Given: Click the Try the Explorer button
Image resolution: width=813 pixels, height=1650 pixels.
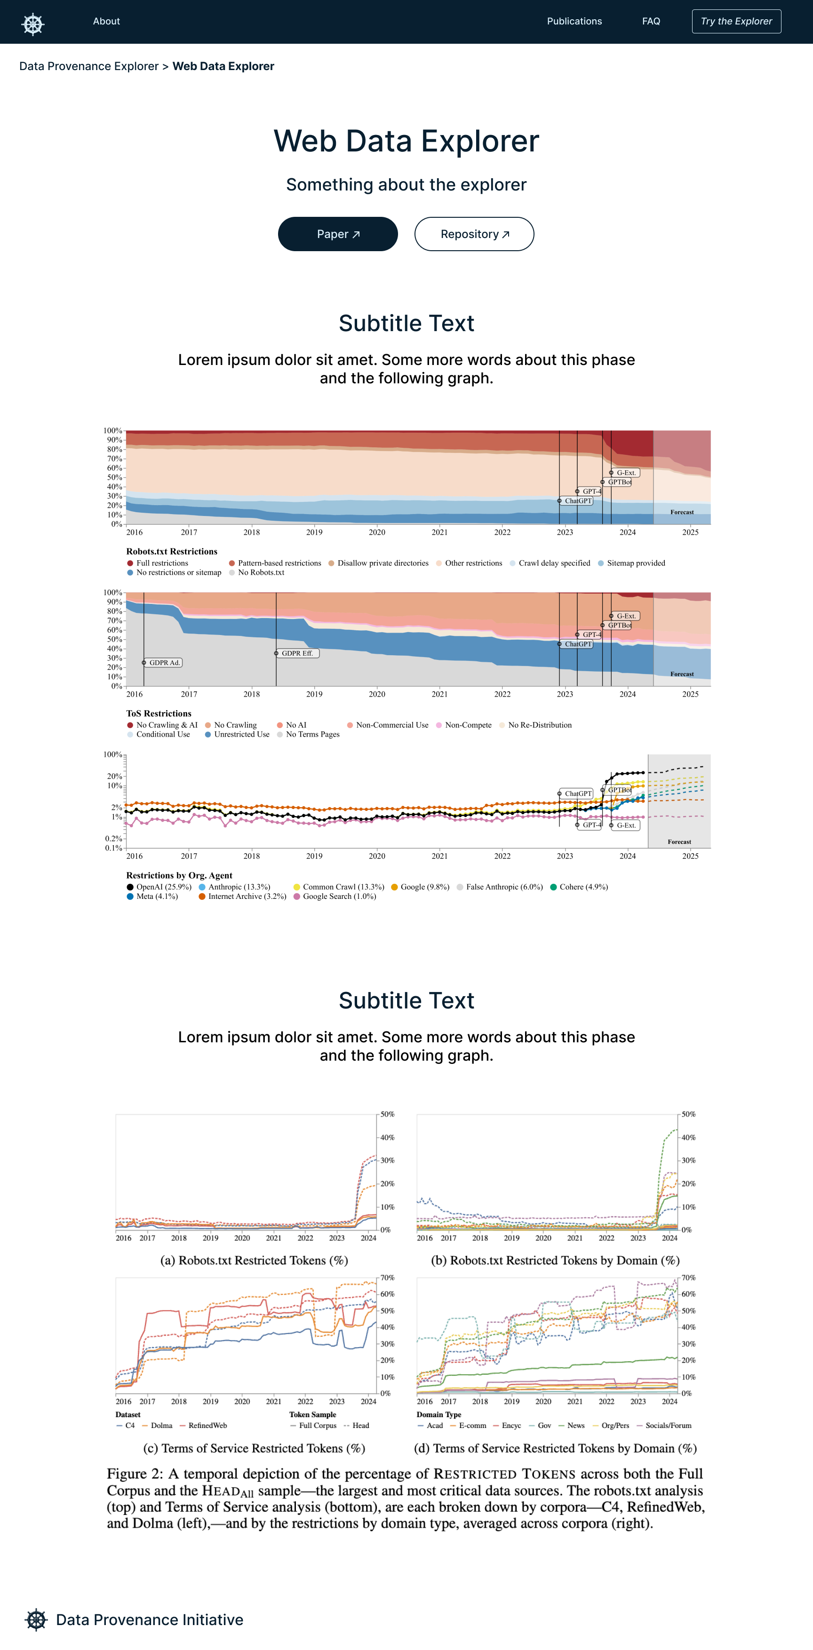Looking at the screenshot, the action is pyautogui.click(x=736, y=21).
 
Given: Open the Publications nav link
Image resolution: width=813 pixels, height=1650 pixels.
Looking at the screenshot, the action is pyautogui.click(x=574, y=21).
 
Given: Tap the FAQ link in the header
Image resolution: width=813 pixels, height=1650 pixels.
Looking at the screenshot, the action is pyautogui.click(x=651, y=21).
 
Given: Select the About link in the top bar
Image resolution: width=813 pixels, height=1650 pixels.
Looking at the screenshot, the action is pyautogui.click(x=106, y=21).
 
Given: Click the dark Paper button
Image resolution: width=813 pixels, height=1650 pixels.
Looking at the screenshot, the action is pyautogui.click(x=338, y=234).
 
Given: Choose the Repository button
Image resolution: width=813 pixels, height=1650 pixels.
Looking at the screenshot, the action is pyautogui.click(x=474, y=234).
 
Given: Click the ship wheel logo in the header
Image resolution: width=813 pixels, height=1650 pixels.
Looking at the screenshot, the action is pyautogui.click(x=32, y=24).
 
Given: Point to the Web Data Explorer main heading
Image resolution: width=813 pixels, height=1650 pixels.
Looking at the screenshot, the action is pyautogui.click(x=406, y=141).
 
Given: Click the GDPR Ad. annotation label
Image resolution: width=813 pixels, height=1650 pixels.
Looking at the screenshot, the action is pyautogui.click(x=165, y=662).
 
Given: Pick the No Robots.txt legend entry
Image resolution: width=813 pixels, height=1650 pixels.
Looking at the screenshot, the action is pyautogui.click(x=256, y=572).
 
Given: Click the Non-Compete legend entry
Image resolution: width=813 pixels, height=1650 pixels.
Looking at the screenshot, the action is pyautogui.click(x=464, y=725).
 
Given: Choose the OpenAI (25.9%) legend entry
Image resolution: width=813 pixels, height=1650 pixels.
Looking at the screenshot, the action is pyautogui.click(x=159, y=887).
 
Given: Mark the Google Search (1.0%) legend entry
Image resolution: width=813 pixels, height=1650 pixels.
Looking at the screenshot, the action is pyautogui.click(x=335, y=897).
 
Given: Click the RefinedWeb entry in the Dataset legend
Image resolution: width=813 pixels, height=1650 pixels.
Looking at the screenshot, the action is pyautogui.click(x=204, y=1425).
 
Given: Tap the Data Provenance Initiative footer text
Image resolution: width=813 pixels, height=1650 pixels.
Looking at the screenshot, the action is pyautogui.click(x=149, y=1620).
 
